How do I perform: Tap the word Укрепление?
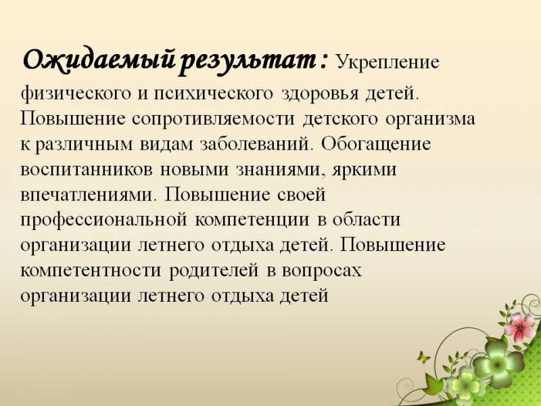pyautogui.click(x=387, y=63)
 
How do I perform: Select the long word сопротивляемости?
pyautogui.click(x=214, y=119)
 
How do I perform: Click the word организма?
pyautogui.click(x=430, y=120)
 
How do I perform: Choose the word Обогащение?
pyautogui.click(x=376, y=144)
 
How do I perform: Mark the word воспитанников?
pyautogui.click(x=87, y=170)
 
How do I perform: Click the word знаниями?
pyautogui.click(x=281, y=171)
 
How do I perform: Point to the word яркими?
pyautogui.click(x=364, y=171)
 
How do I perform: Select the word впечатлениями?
pyautogui.click(x=87, y=196)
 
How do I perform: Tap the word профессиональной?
pyautogui.click(x=103, y=221)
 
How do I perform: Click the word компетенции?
pyautogui.click(x=252, y=221)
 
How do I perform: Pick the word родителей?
pyautogui.click(x=214, y=271)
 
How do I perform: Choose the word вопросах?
pyautogui.click(x=322, y=271)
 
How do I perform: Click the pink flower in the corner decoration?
pyautogui.click(x=520, y=326)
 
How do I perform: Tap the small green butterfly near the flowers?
pyautogui.click(x=424, y=357)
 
